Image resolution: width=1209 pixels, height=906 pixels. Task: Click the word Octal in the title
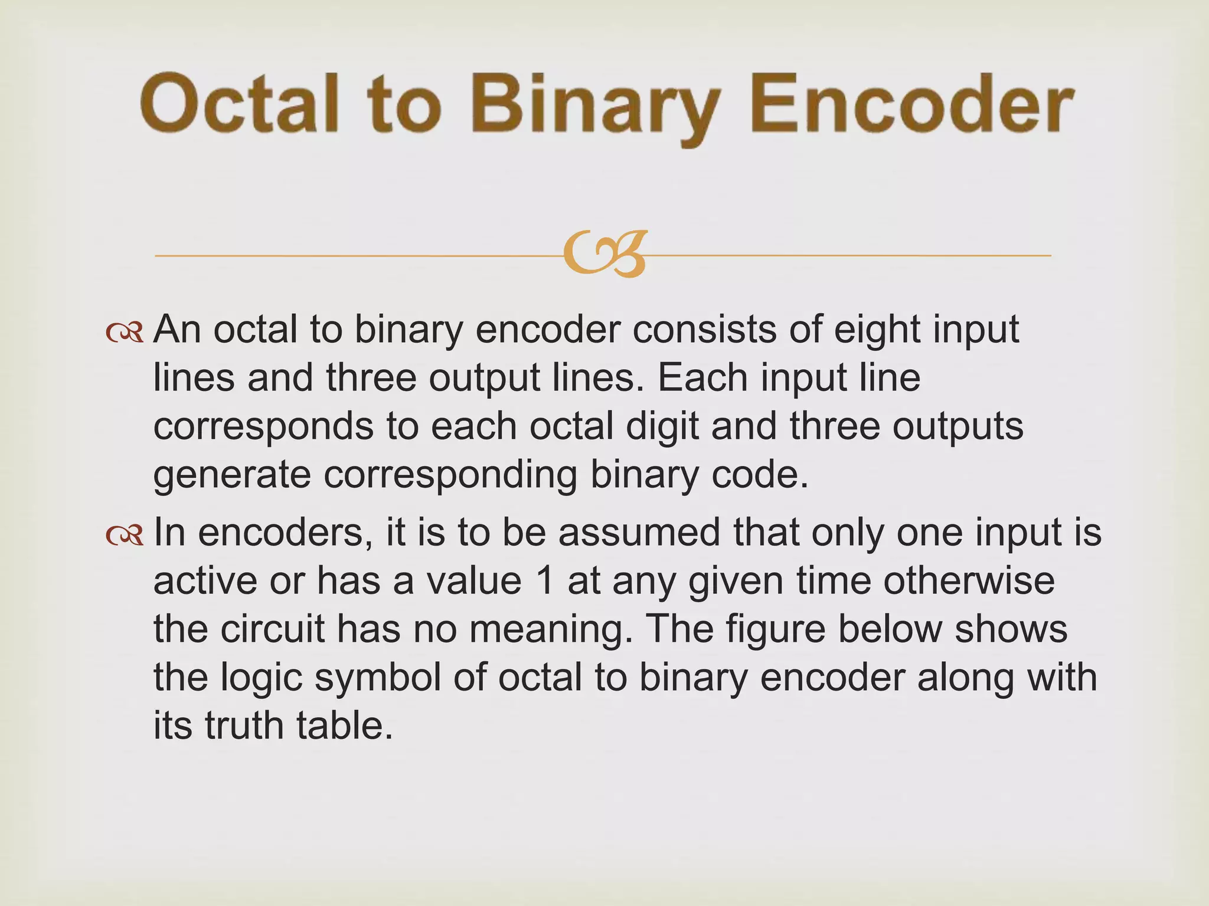[x=240, y=104]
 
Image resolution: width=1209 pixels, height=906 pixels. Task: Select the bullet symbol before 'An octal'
[x=125, y=333]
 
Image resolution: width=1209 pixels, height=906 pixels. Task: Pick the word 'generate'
[x=231, y=475]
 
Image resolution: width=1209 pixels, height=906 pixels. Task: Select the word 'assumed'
[x=639, y=532]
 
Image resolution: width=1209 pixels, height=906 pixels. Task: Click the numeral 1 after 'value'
[x=546, y=580]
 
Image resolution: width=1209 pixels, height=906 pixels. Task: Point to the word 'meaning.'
[x=547, y=630]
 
